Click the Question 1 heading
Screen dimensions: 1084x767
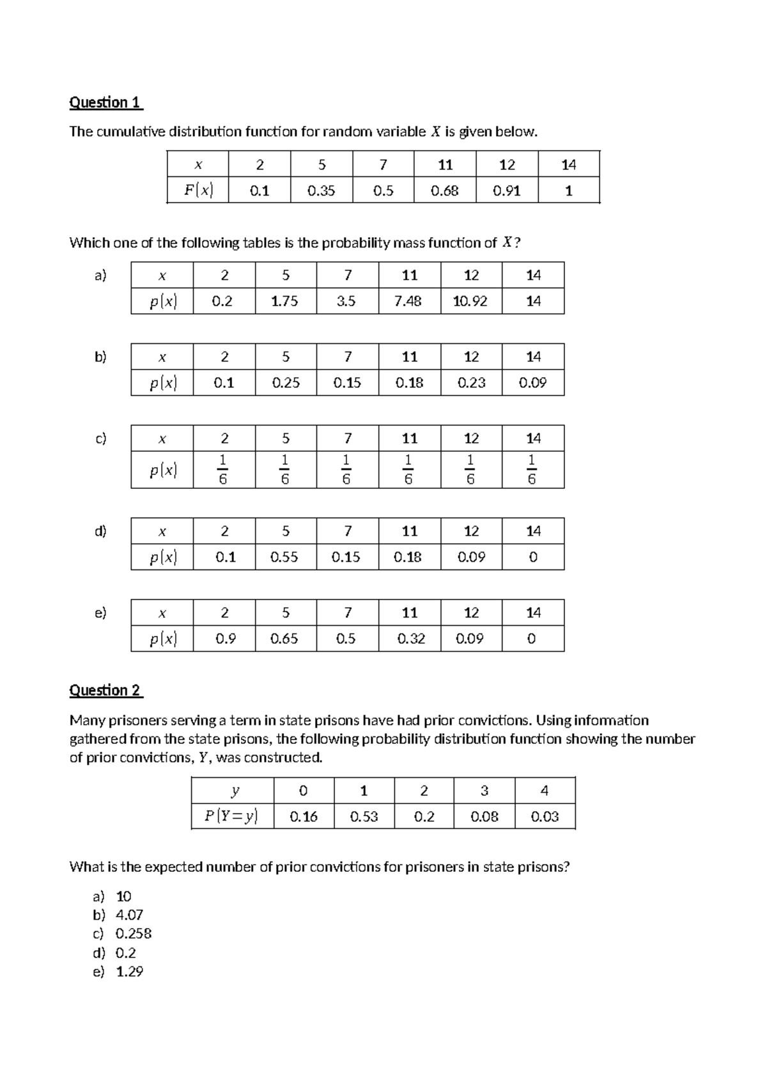coord(105,102)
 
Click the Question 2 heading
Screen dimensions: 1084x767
coord(105,690)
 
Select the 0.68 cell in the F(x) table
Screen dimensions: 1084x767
coord(445,190)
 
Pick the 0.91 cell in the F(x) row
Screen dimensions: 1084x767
coord(507,190)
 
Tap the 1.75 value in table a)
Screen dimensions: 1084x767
coord(285,301)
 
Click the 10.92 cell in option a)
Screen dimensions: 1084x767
coord(471,301)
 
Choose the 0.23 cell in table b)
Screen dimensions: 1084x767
coord(471,383)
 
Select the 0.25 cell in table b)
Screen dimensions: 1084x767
coord(285,383)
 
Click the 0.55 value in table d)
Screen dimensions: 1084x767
coord(285,557)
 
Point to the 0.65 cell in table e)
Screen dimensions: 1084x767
coord(285,639)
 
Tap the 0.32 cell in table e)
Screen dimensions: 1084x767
coord(409,639)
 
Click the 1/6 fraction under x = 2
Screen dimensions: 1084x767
coord(224,470)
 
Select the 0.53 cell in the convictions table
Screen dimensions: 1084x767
coord(364,817)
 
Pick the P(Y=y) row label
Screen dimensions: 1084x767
coord(232,817)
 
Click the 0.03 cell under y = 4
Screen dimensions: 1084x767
coord(545,817)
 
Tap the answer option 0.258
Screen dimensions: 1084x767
coord(133,934)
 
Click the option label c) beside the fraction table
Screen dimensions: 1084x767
coord(100,438)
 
